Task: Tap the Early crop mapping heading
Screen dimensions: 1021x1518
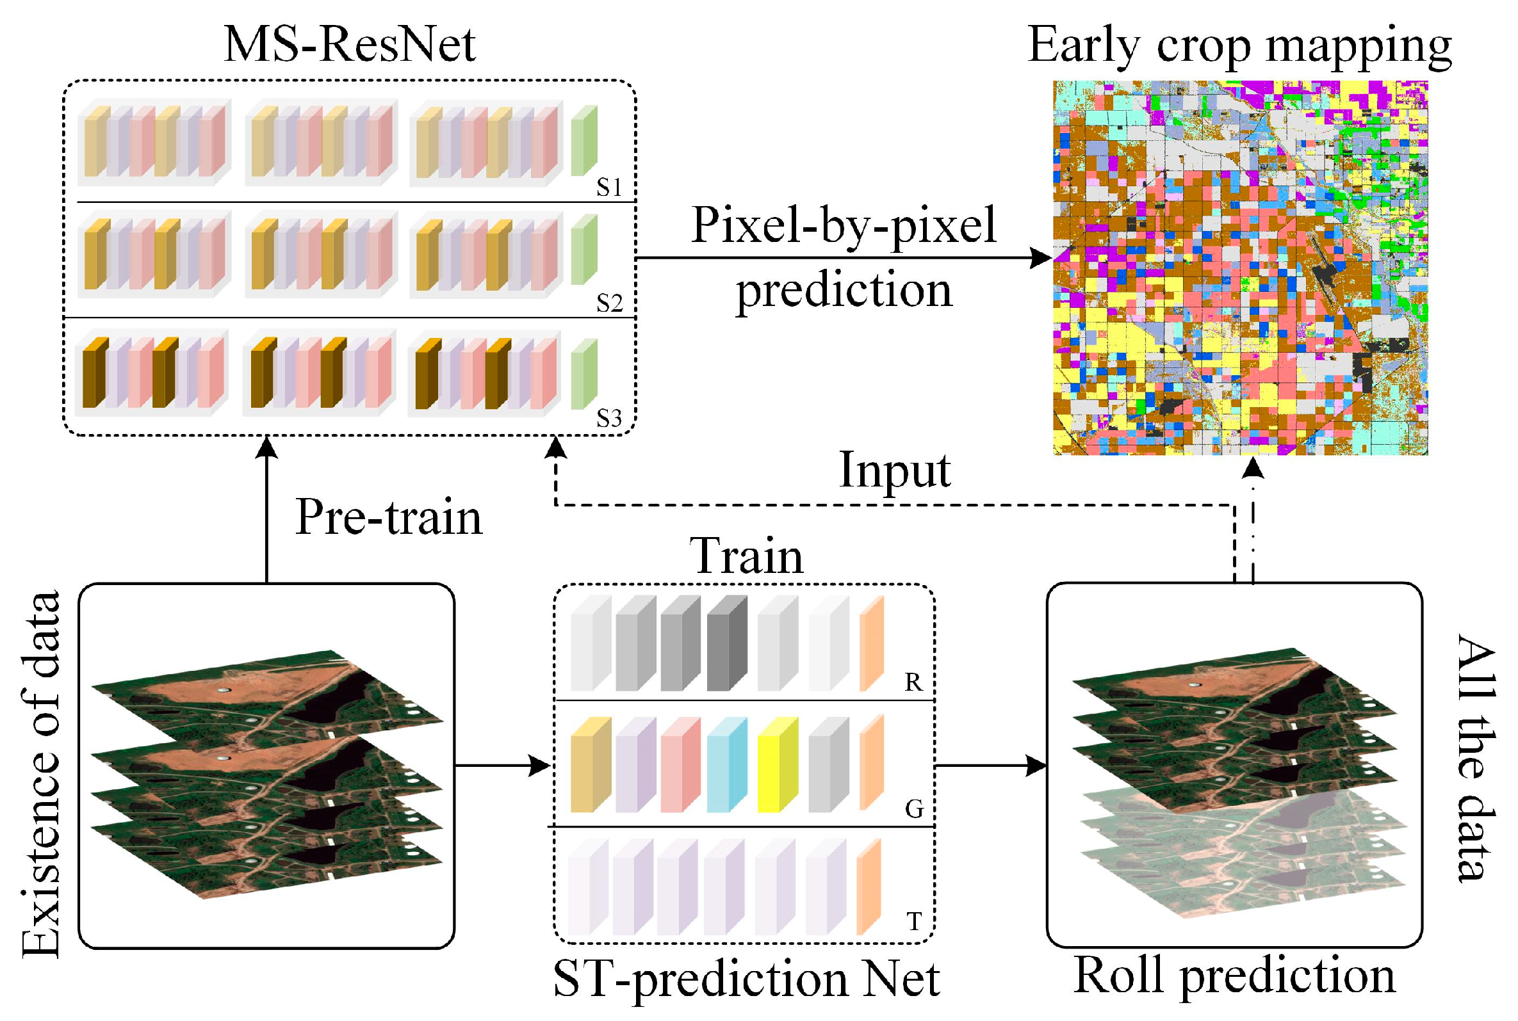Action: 1239,45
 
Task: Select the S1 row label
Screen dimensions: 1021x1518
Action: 609,188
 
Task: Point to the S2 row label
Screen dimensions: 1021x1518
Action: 609,303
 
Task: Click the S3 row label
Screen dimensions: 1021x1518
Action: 609,419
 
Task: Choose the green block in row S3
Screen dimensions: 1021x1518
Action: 584,374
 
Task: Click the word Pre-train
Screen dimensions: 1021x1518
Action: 389,518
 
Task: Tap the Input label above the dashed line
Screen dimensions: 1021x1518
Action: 895,470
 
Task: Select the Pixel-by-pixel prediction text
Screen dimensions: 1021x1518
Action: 844,257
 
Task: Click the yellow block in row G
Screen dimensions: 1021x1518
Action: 778,765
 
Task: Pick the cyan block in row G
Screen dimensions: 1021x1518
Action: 726,765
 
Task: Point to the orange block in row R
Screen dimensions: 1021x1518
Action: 871,643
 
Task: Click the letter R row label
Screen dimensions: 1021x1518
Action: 913,682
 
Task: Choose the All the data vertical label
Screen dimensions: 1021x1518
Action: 1476,759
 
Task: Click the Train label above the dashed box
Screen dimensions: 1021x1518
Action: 747,557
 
